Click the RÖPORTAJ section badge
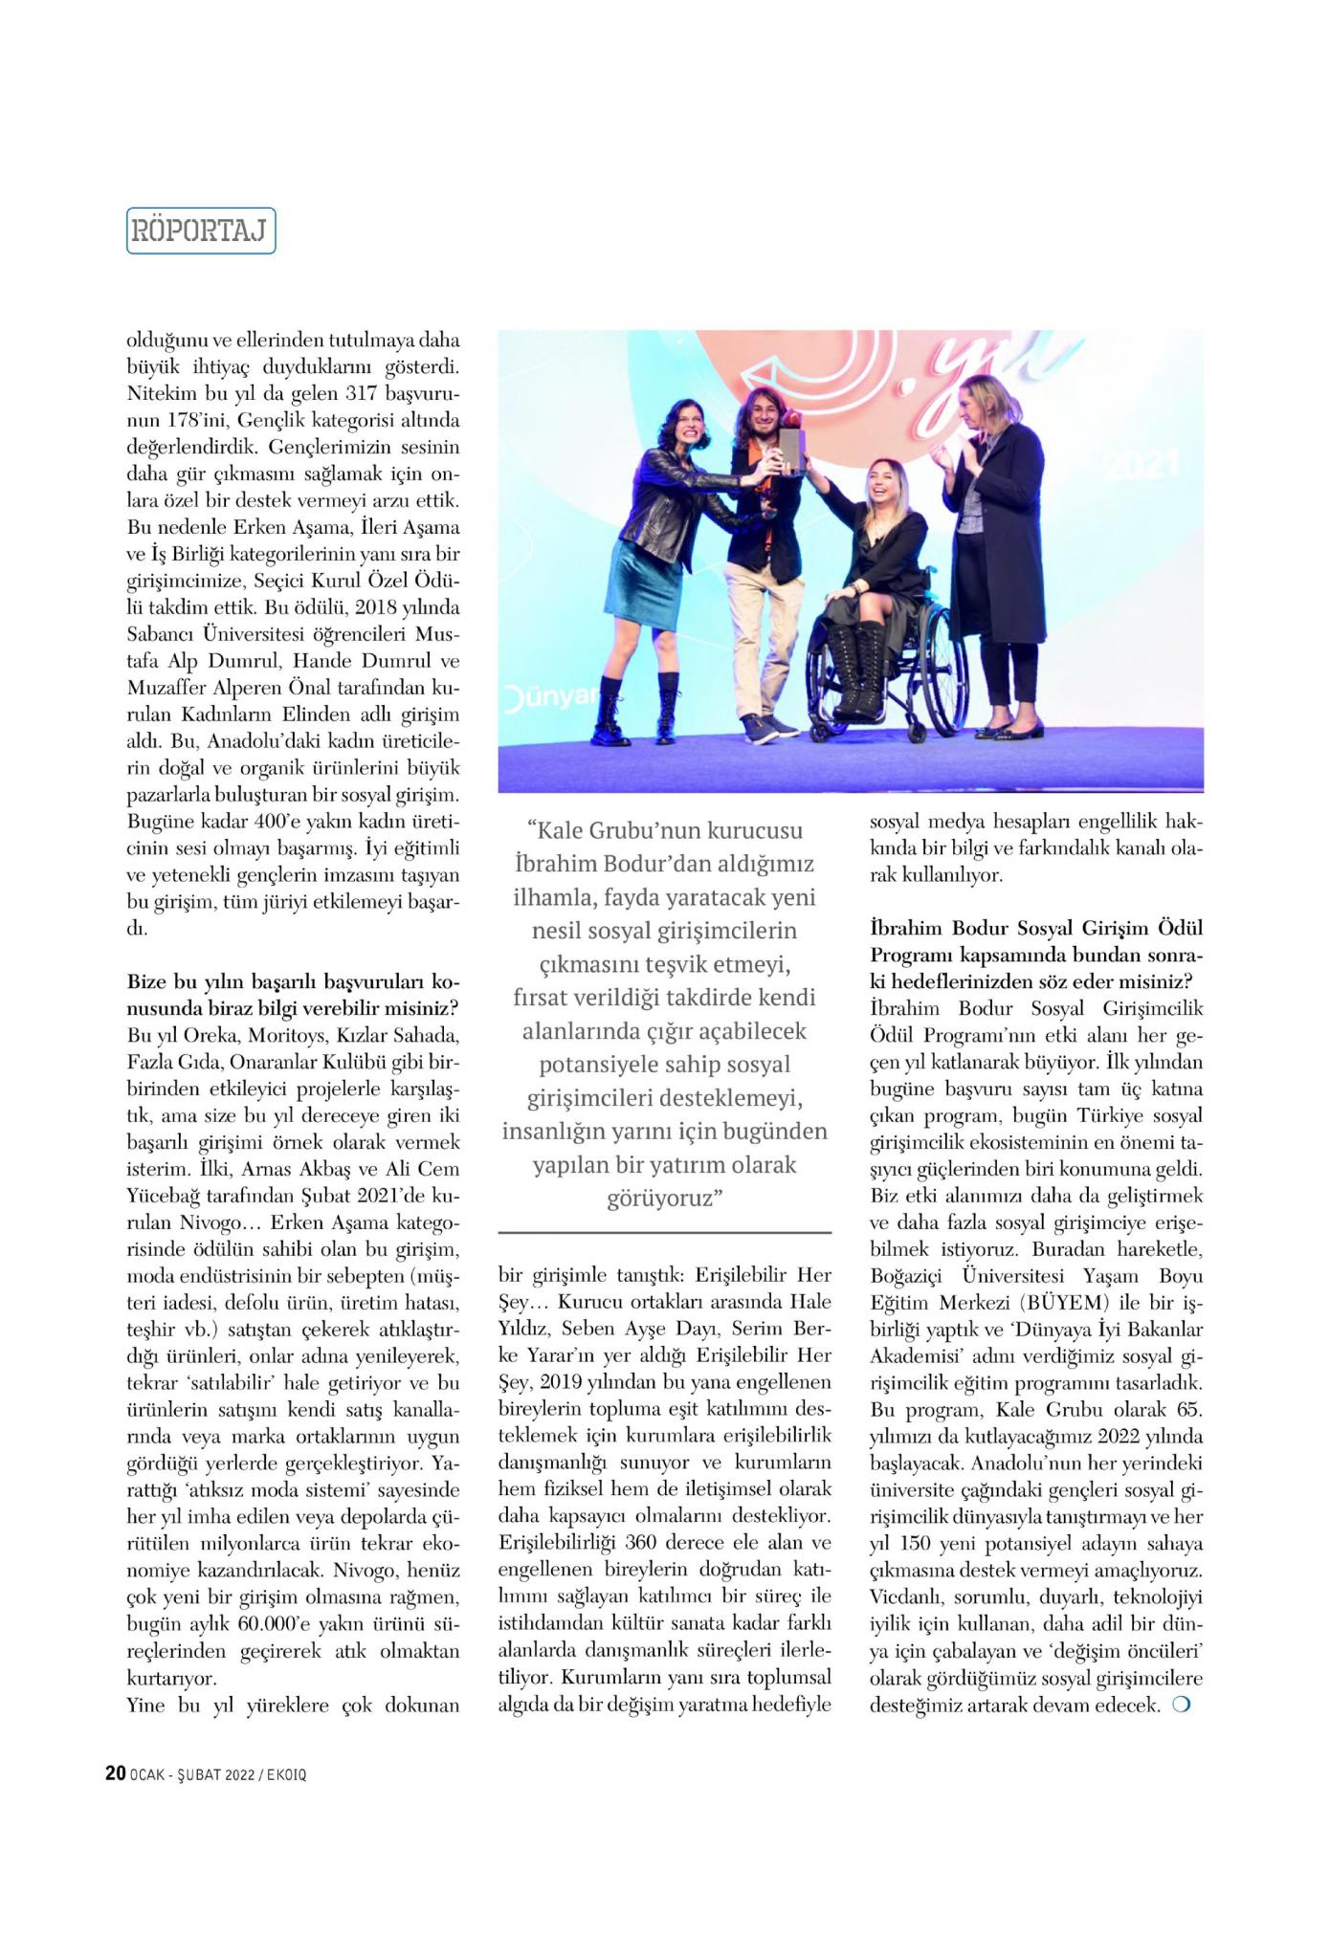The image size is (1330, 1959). pos(201,231)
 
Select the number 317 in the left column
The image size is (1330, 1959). pos(363,393)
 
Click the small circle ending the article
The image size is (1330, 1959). pos(1180,1705)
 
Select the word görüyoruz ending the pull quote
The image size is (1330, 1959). pos(662,1198)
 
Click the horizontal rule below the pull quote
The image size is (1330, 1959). pos(664,1232)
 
